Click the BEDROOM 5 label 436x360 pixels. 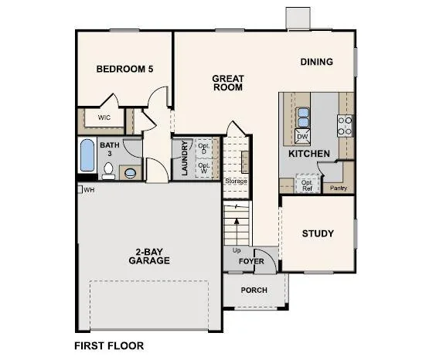click(x=124, y=69)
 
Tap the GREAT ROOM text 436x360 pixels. click(x=228, y=83)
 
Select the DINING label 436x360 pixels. click(x=317, y=62)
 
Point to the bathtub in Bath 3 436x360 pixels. click(x=87, y=155)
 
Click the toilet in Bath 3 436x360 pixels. click(x=108, y=171)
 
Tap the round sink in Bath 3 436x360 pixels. click(x=130, y=173)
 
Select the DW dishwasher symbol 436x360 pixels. click(x=302, y=136)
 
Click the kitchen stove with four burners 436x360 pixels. click(x=345, y=126)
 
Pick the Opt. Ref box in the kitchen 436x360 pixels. click(x=307, y=184)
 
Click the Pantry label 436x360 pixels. click(x=339, y=188)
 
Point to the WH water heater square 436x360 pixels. click(x=80, y=189)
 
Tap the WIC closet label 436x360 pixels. click(x=104, y=117)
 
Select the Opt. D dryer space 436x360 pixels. click(x=204, y=148)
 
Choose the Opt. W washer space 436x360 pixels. click(x=204, y=168)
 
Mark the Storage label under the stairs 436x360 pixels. click(x=236, y=181)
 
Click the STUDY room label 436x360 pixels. click(x=318, y=233)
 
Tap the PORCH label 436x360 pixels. click(x=254, y=290)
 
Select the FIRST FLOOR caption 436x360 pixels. click(x=109, y=346)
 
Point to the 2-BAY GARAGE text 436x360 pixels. click(x=149, y=256)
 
